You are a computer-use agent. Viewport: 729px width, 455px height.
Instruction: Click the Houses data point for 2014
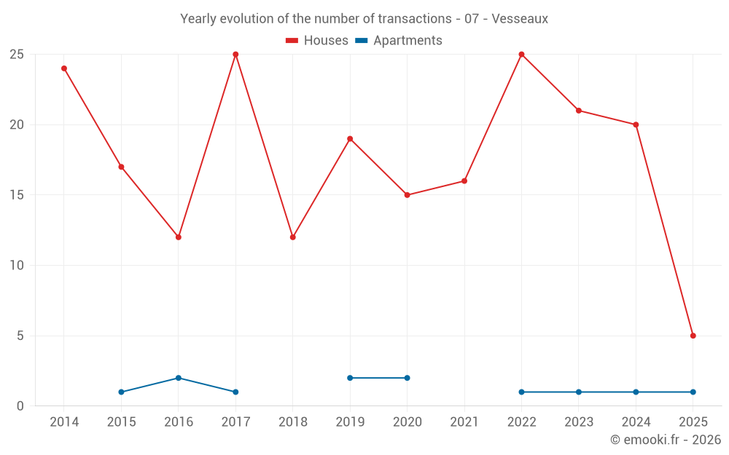coord(64,68)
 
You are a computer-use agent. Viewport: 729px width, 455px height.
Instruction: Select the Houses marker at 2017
coord(235,55)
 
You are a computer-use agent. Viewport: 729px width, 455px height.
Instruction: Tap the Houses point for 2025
coord(693,336)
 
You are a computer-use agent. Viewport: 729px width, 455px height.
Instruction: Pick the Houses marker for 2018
coord(293,237)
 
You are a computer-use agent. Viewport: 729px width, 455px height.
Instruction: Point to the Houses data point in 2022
coord(521,55)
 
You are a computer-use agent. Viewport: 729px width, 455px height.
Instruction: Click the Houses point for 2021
coord(464,181)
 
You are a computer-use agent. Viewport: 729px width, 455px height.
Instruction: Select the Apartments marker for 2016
coord(179,378)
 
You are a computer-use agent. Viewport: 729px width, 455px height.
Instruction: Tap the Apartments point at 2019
coord(350,378)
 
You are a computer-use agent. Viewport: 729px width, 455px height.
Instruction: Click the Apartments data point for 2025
coord(693,392)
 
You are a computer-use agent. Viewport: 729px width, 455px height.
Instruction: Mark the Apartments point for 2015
coord(121,392)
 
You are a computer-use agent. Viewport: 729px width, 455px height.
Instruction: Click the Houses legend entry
coord(317,41)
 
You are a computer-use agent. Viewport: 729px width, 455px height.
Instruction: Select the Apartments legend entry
coord(399,41)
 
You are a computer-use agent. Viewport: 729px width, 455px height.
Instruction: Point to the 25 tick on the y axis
coord(17,55)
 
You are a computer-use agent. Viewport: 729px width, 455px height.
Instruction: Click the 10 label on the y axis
coord(17,266)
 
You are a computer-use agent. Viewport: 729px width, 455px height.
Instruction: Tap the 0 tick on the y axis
coord(20,406)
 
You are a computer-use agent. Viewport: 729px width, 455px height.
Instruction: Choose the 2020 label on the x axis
coord(407,422)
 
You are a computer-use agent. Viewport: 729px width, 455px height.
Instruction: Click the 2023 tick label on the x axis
coord(578,422)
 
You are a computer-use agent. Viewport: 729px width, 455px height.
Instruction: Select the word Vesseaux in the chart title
coord(520,19)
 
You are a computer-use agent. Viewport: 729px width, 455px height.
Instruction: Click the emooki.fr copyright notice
coord(665,440)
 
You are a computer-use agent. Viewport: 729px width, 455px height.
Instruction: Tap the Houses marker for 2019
coord(350,139)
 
